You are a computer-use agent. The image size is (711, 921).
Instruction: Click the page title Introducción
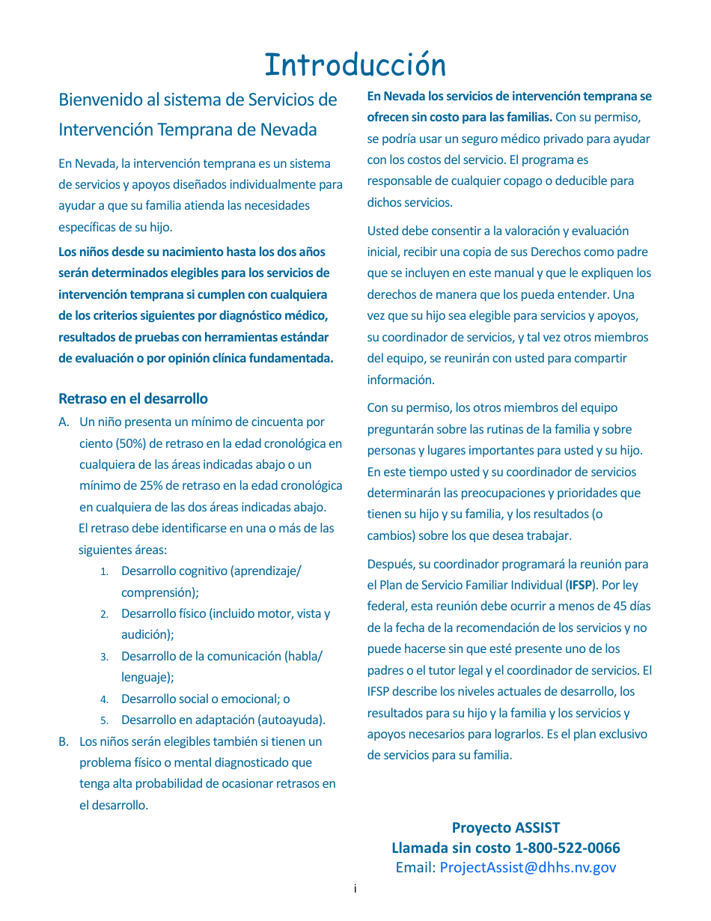coord(355,65)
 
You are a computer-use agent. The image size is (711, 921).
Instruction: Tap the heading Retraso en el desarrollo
coord(133,398)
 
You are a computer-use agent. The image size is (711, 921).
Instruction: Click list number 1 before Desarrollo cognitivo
coord(105,571)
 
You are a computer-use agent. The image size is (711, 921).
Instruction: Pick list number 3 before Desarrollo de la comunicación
coord(105,657)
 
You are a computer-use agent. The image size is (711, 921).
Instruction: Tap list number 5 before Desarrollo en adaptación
coord(105,720)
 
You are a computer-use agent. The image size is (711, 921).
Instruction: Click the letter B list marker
coord(64,741)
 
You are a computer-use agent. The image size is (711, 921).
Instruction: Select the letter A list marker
coord(64,422)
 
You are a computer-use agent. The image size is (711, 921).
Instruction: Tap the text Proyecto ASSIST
coord(506,827)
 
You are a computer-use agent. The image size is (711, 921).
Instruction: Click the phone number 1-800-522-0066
coord(567,848)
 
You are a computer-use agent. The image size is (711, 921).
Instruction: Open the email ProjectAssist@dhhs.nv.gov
coord(528,867)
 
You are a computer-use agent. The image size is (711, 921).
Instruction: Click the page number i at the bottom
coord(355,889)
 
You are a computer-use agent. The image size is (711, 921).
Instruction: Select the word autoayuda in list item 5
coord(295,720)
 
